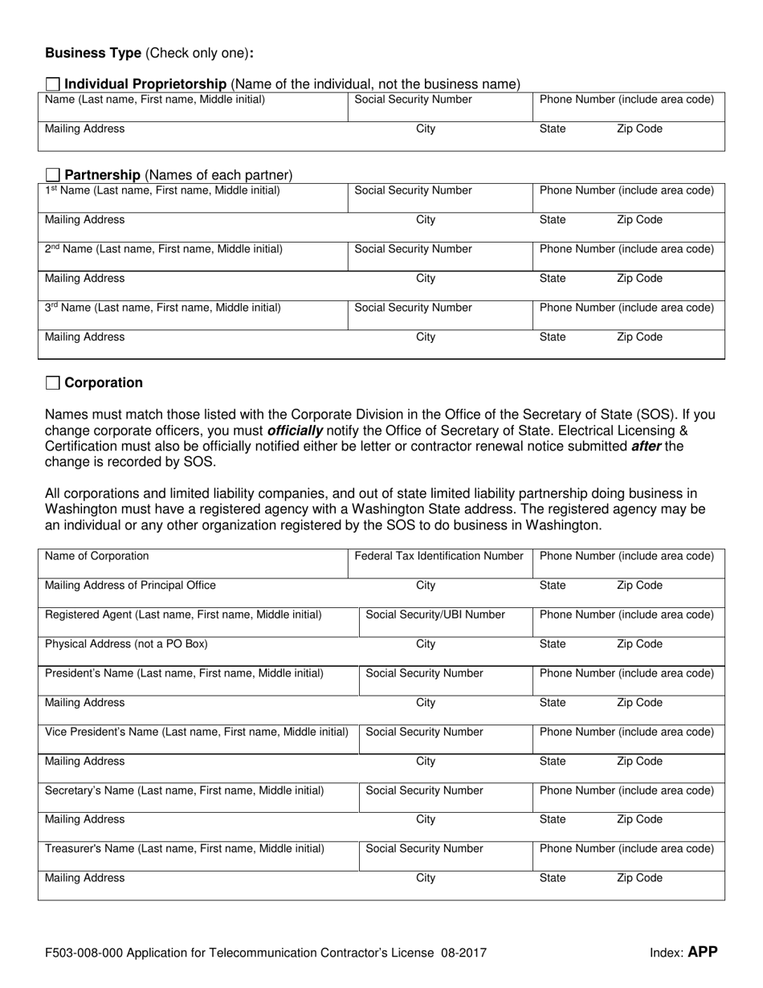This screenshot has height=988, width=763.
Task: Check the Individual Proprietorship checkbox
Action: click(53, 84)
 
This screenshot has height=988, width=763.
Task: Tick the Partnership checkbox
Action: click(53, 175)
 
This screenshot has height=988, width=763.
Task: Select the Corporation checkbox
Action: click(53, 383)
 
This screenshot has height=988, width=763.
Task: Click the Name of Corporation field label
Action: click(96, 556)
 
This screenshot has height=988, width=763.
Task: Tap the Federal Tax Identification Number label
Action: click(439, 556)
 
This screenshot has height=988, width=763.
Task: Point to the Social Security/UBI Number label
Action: click(435, 614)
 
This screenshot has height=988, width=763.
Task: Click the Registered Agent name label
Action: click(183, 614)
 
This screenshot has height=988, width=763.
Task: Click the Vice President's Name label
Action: click(196, 732)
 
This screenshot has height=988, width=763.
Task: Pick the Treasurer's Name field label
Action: click(185, 848)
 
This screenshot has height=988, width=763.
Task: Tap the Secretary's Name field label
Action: click(185, 790)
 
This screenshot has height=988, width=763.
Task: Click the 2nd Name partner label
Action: click(163, 249)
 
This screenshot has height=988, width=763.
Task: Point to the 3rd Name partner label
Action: click(162, 308)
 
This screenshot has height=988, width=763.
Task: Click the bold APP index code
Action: click(702, 953)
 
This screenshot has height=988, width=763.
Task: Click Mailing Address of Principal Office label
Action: click(130, 586)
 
